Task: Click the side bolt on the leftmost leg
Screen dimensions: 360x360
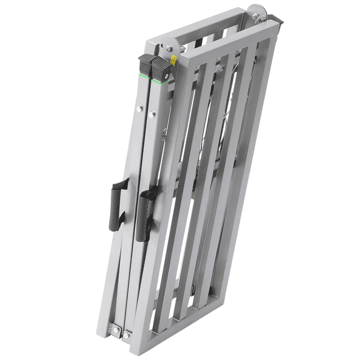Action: (139, 109)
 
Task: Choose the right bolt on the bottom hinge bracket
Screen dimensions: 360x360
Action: (127, 336)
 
